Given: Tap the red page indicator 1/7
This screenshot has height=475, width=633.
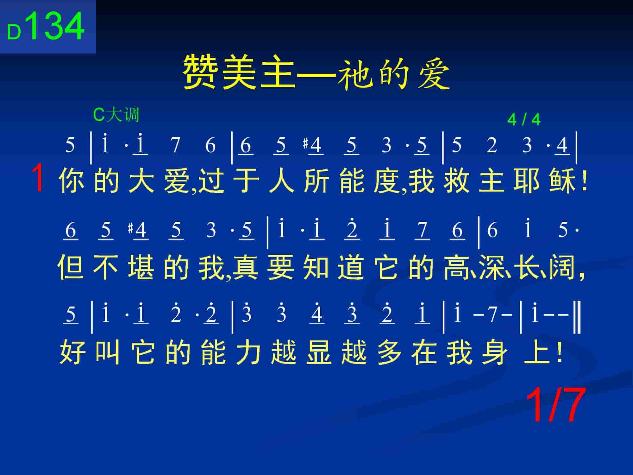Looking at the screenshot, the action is click(x=555, y=406).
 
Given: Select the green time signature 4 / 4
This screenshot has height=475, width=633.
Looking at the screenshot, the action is click(x=524, y=120).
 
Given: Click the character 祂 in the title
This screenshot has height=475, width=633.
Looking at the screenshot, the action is click(x=354, y=74).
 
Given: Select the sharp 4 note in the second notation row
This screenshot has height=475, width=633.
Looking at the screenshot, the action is click(x=138, y=230).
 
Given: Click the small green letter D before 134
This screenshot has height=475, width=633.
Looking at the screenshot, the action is click(x=14, y=32).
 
